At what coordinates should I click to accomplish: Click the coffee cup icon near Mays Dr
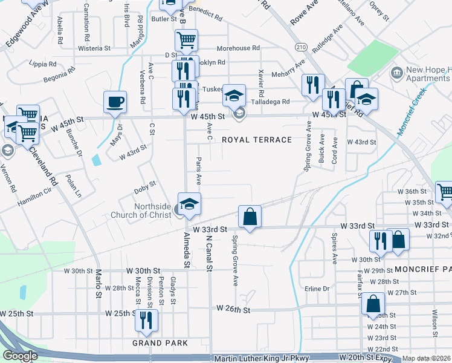click(115, 102)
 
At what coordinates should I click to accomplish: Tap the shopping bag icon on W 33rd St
click(250, 216)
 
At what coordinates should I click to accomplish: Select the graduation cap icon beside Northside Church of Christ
click(189, 203)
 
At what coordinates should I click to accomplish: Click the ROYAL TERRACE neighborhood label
click(257, 140)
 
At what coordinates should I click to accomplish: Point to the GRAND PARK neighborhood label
click(160, 343)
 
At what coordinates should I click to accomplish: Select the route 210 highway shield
click(300, 47)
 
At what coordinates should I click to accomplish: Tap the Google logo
click(20, 356)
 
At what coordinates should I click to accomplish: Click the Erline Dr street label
click(317, 289)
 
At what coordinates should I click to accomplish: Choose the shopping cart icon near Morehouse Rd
click(186, 41)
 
